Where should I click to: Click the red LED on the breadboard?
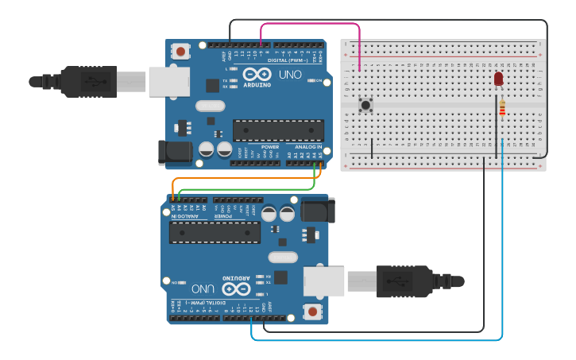click(x=499, y=79)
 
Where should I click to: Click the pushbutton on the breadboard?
click(x=366, y=105)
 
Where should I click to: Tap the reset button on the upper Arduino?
click(x=181, y=52)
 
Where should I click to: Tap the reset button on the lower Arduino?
click(x=313, y=312)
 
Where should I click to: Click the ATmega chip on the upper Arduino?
click(x=278, y=130)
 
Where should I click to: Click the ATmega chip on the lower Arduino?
click(x=215, y=232)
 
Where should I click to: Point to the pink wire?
click(x=310, y=24)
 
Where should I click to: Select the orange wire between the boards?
click(x=238, y=180)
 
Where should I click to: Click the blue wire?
click(x=502, y=238)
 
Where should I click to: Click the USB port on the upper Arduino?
click(x=168, y=81)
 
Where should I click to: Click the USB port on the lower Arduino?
click(x=324, y=281)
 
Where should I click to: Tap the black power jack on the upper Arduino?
click(x=175, y=153)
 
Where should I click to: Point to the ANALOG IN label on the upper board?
click(x=307, y=147)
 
